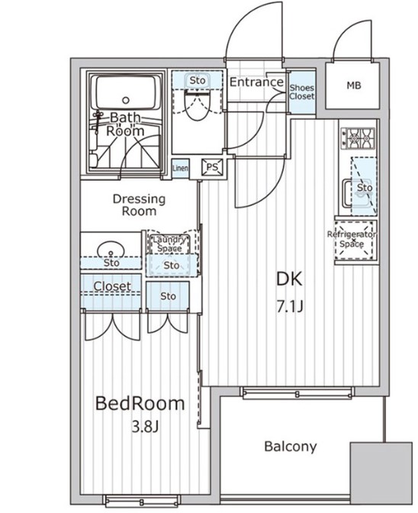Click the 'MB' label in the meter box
pos(353,85)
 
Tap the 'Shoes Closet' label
pos(301,92)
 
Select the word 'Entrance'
pos(256,82)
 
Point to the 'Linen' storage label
pos(181,167)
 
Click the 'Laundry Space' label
pos(167,243)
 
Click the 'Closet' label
pos(112,287)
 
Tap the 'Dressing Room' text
pos(140,205)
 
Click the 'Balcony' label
pos(290,447)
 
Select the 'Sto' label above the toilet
pos(198,80)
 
